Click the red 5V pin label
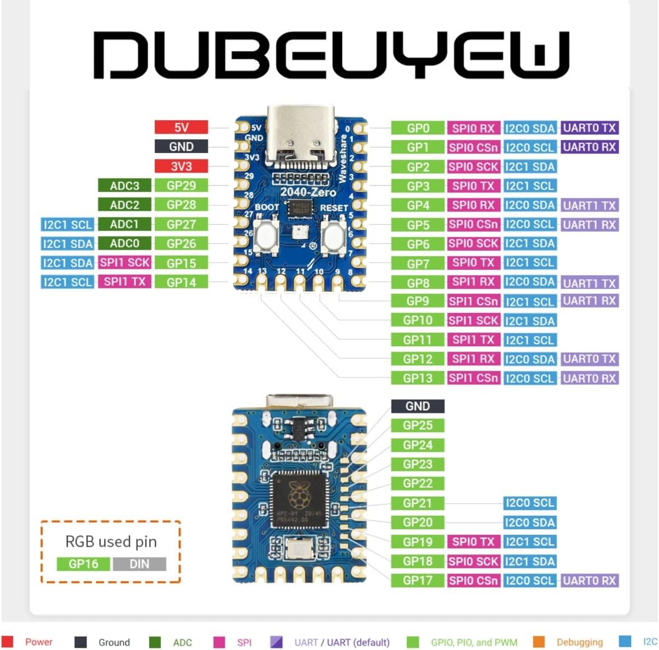tap(181, 127)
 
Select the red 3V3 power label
tap(181, 166)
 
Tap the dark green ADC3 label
tap(125, 186)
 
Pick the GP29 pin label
tap(181, 186)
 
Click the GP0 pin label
tap(418, 128)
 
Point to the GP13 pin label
tap(418, 378)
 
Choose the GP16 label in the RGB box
tap(83, 564)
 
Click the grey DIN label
tap(139, 564)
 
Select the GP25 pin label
tap(418, 426)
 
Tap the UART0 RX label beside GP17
tap(590, 581)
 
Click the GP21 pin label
tap(418, 503)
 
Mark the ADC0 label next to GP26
tap(125, 244)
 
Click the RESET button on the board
tap(334, 235)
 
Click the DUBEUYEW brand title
tap(330, 54)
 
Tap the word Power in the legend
tap(39, 642)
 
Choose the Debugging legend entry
tap(579, 642)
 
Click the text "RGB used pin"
tap(111, 541)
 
